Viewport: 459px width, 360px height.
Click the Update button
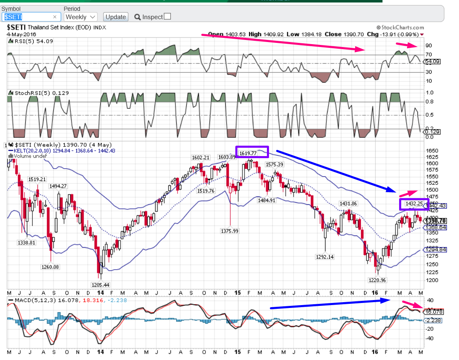[x=115, y=17]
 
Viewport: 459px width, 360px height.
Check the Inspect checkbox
[x=167, y=17]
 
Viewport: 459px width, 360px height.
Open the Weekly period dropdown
[x=80, y=17]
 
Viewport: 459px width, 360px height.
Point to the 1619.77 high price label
[x=248, y=153]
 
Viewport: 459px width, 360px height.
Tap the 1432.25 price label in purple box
[x=414, y=204]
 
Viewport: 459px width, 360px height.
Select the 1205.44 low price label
[x=100, y=285]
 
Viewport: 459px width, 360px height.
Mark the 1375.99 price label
[x=229, y=231]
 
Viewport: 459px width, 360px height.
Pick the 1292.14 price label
[x=325, y=257]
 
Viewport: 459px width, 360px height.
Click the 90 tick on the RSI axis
[x=428, y=46]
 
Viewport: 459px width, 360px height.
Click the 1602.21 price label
[x=200, y=158]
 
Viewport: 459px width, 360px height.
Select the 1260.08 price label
[x=49, y=267]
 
